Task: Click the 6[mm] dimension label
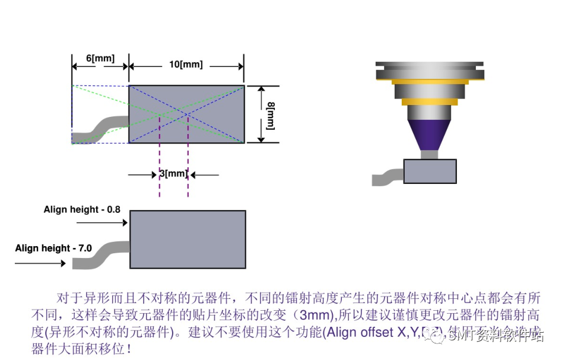(100, 58)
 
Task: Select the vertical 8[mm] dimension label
(271, 114)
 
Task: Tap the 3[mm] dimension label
(173, 174)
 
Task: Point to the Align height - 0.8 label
(81, 209)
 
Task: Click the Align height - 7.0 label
(53, 248)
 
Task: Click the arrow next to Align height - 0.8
(102, 223)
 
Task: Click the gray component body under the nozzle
(430, 171)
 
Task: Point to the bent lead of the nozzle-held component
(387, 177)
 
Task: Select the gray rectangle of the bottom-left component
(188, 239)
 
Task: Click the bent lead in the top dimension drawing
(101, 127)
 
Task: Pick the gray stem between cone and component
(429, 154)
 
